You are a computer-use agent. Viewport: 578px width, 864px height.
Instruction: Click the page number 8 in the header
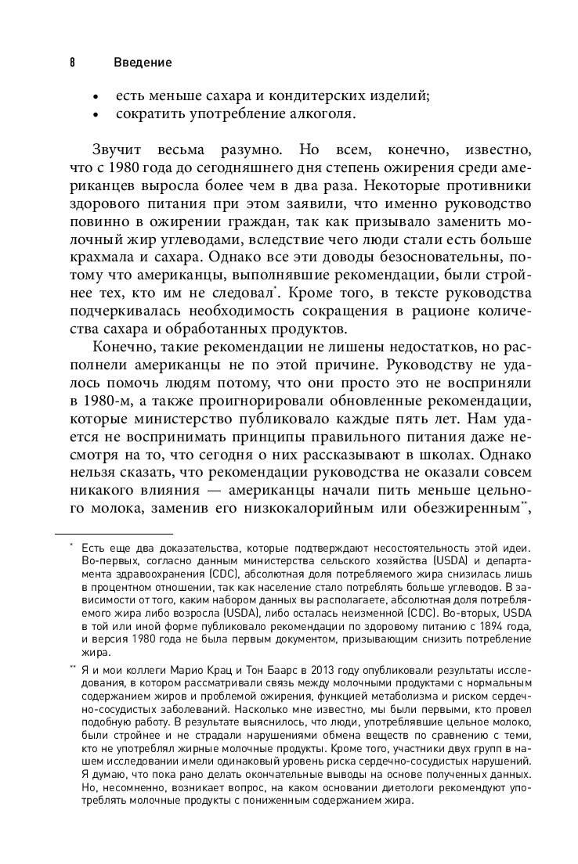[70, 62]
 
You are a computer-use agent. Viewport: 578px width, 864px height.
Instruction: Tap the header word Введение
[143, 62]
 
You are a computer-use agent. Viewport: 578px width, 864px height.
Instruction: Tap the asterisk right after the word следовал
[274, 288]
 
